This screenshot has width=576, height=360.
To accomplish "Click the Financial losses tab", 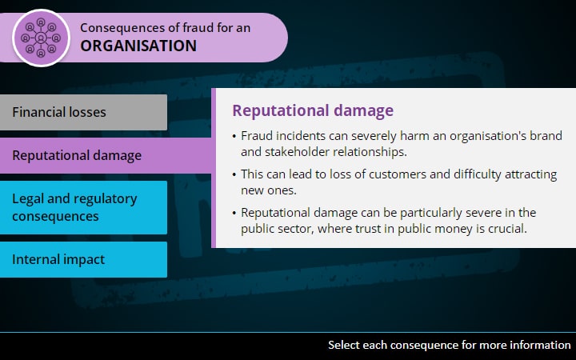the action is [83, 112].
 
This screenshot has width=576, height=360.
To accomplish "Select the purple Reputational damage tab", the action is [106, 155].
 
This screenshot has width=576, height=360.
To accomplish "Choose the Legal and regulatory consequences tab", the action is [83, 207].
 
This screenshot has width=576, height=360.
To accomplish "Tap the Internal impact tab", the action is [83, 259].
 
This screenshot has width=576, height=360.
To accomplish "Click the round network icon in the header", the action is [41, 38].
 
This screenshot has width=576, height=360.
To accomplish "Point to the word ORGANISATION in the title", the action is [138, 46].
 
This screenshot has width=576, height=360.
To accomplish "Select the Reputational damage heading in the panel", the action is [313, 110].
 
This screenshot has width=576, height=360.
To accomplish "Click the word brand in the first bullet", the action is [546, 135].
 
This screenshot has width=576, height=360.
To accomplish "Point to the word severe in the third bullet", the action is [485, 213].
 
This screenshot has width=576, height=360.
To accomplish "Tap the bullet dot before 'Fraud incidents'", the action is [234, 136].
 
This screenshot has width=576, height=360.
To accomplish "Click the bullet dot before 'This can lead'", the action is [234, 174].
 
